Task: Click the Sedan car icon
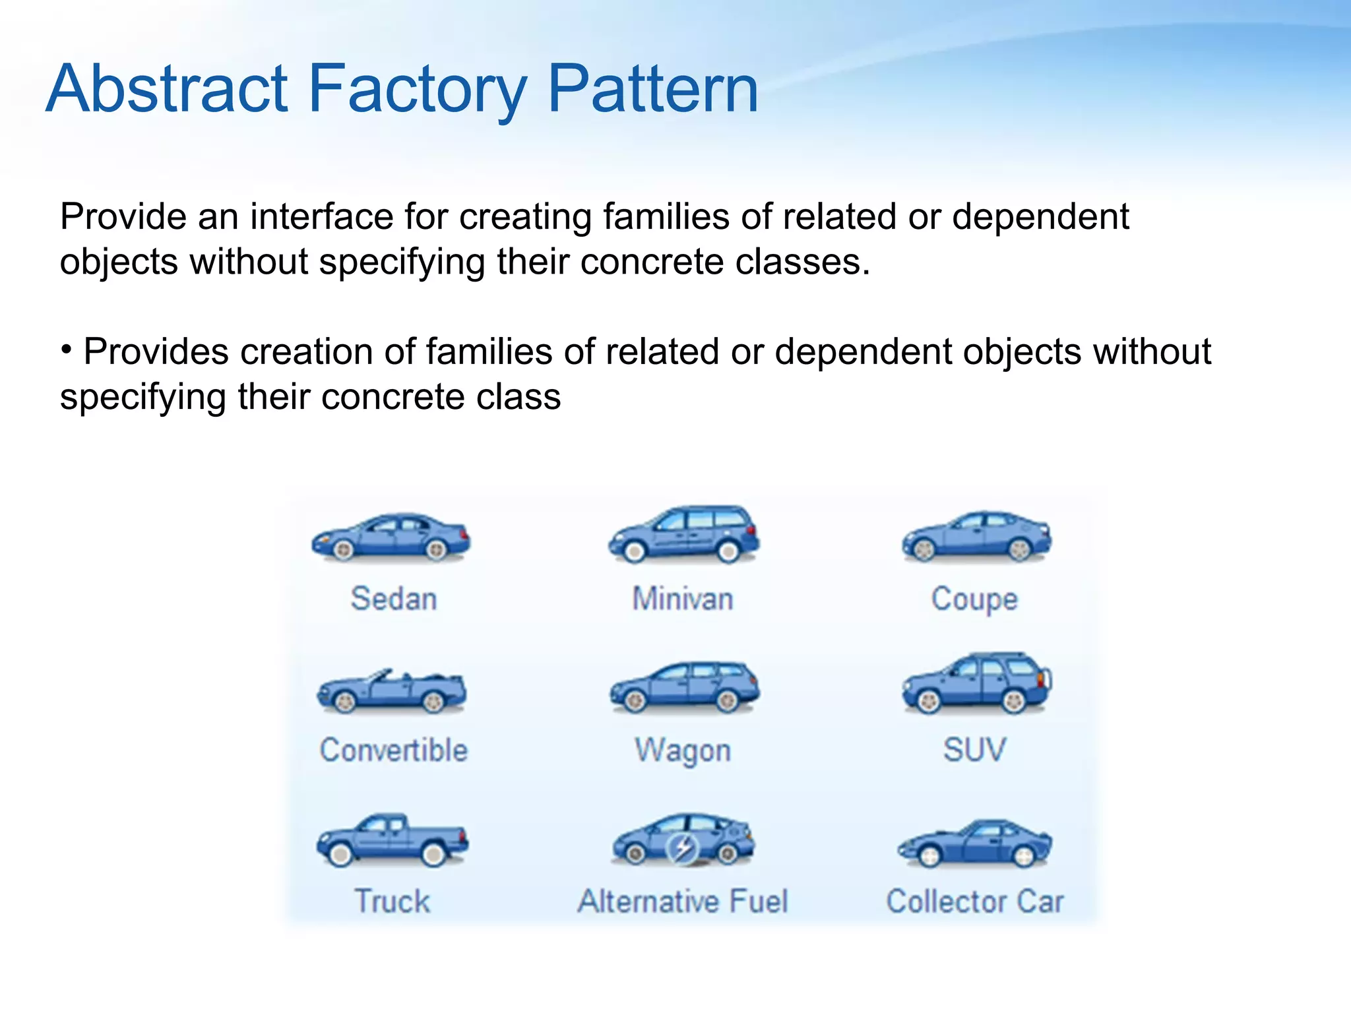coord(391,537)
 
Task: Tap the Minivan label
coord(683,599)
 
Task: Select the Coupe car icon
coord(977,537)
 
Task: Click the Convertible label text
coord(394,750)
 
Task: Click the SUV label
coord(974,750)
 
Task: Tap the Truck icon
coord(393,840)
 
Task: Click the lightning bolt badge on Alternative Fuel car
coord(683,847)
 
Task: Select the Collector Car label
coord(975,902)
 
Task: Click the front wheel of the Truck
coord(340,855)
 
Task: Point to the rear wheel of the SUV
coord(1013,701)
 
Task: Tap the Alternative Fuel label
coord(683,902)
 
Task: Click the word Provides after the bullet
coord(156,352)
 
